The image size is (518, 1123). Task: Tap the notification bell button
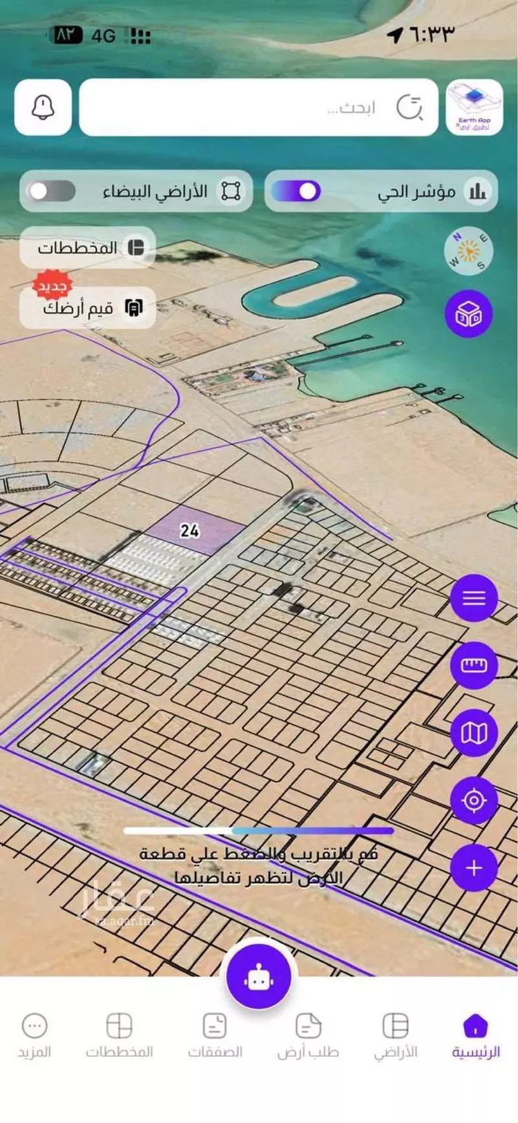tap(43, 107)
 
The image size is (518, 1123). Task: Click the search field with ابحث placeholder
tap(259, 107)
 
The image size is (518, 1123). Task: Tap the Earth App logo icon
tap(474, 107)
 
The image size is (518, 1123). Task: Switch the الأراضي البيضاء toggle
tap(51, 191)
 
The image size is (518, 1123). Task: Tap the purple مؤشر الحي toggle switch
tap(296, 191)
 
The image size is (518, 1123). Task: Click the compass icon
tap(468, 251)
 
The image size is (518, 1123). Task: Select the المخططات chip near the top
tap(88, 247)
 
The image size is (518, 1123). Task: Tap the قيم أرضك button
tap(88, 307)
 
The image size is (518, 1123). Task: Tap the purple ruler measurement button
tap(474, 665)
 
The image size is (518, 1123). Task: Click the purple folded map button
tap(474, 733)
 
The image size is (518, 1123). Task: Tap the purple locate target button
tap(474, 800)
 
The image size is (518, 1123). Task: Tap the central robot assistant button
tap(259, 977)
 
